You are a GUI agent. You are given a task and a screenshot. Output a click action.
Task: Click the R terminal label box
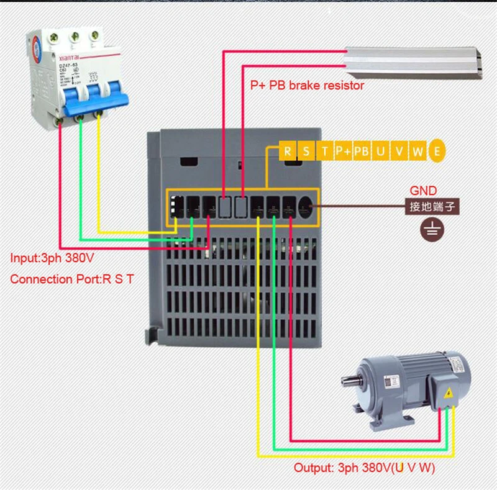tap(288, 152)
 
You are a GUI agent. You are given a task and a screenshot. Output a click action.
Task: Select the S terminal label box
tap(306, 152)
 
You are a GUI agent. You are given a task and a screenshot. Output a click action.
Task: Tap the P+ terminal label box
tap(343, 152)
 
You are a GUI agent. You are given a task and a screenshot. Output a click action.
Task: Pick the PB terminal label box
tap(362, 152)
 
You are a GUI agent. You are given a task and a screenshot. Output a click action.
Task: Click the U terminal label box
tap(380, 152)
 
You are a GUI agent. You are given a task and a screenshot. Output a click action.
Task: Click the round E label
tap(438, 152)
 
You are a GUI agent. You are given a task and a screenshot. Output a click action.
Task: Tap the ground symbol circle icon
tap(430, 230)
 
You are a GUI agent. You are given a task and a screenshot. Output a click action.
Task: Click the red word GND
tap(423, 191)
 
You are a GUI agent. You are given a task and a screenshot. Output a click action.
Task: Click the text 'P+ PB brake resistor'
tap(307, 86)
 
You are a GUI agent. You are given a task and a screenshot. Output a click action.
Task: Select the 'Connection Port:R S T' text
tap(71, 279)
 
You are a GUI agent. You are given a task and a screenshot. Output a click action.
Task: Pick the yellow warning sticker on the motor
tap(447, 392)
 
